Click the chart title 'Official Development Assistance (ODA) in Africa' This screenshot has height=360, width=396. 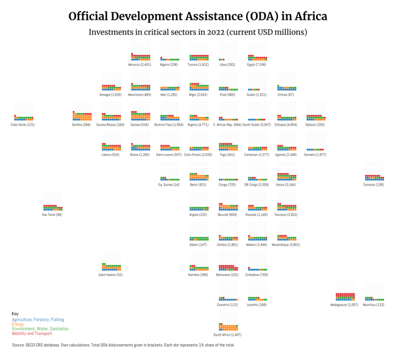198,16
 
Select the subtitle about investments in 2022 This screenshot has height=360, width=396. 198,32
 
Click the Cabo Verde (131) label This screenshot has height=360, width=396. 23,124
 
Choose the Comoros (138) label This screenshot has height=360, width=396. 374,185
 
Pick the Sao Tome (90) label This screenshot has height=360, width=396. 52,215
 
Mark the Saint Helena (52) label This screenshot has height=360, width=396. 111,275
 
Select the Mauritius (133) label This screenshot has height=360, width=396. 374,305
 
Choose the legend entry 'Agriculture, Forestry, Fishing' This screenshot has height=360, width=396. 38,320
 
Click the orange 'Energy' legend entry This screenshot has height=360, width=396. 18,324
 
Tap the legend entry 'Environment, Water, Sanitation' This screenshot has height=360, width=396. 40,329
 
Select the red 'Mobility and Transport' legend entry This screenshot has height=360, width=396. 32,334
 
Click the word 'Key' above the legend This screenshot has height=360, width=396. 15,314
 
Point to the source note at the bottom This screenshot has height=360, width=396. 123,345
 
